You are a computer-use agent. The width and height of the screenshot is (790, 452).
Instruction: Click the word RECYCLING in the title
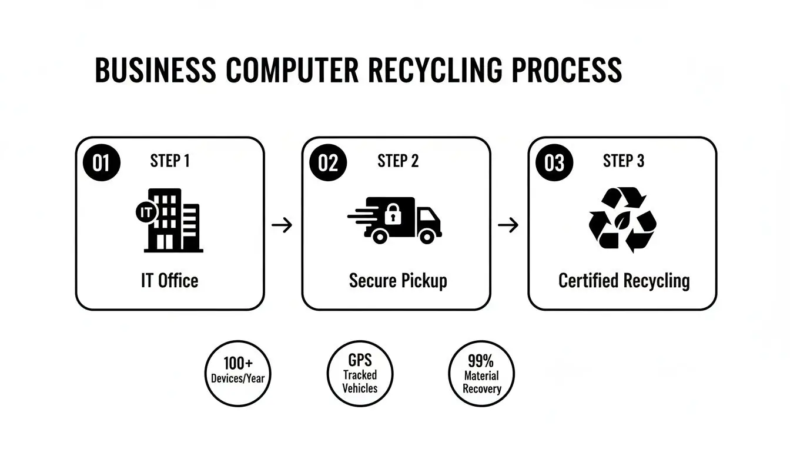click(435, 71)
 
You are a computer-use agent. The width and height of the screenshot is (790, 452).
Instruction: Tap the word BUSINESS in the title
click(155, 71)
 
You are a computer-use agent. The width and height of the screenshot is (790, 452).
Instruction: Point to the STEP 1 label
click(170, 161)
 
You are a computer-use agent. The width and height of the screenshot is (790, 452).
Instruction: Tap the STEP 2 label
click(398, 161)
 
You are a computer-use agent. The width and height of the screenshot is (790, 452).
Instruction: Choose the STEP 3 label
click(624, 161)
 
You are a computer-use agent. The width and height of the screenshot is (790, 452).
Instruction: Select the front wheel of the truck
click(427, 236)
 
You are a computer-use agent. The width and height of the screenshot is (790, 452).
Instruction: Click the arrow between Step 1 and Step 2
click(282, 224)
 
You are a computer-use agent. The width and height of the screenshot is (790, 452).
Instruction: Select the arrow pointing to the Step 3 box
click(508, 224)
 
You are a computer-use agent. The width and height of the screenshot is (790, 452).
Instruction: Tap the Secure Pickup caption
click(398, 281)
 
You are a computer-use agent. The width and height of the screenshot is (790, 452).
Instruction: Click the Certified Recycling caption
click(624, 281)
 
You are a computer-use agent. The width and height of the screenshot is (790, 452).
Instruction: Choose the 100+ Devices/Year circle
click(238, 374)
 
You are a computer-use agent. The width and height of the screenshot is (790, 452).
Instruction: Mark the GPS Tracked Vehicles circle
click(360, 374)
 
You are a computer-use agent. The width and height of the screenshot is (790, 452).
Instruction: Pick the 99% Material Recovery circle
click(481, 374)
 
